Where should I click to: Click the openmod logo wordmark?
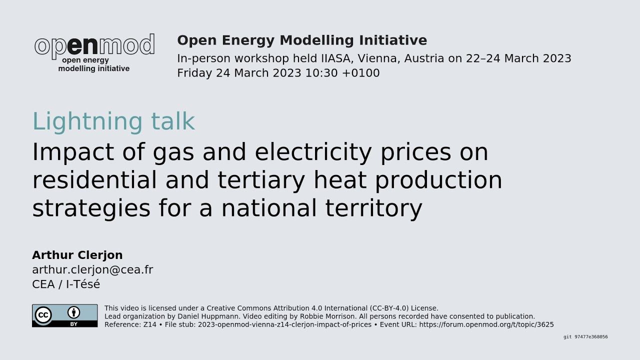pos(94,45)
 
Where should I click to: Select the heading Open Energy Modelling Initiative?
pos(302,40)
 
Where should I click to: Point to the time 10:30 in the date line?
pos(321,73)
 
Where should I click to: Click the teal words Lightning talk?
pos(113,121)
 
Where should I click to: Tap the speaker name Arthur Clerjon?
pos(77,255)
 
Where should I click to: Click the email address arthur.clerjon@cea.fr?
pos(92,270)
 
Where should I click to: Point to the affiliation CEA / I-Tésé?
pos(66,284)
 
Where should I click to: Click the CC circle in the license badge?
pos(43,315)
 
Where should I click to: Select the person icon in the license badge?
pos(74,312)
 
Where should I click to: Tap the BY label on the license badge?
pos(74,323)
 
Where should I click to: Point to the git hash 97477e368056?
pos(591,337)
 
